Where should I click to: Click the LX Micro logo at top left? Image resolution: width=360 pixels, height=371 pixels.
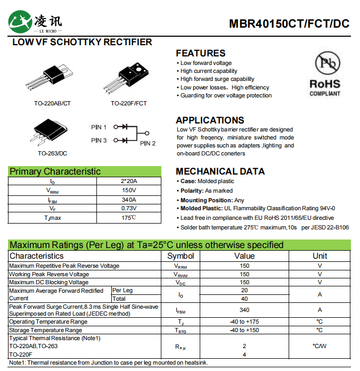[35, 22]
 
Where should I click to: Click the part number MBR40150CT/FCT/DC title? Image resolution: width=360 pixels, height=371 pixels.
[289, 24]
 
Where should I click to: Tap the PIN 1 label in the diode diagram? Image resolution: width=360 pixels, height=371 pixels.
[99, 127]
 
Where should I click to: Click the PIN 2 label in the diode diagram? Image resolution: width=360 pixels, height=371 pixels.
[148, 143]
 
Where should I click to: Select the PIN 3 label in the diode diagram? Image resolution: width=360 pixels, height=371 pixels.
[99, 141]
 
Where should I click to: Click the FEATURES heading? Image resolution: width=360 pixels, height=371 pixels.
[201, 53]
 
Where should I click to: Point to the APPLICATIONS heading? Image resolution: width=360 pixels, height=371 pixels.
[210, 120]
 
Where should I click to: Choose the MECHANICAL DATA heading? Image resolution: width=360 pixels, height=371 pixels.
[220, 171]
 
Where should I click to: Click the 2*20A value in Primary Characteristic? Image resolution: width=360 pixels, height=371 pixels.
[129, 182]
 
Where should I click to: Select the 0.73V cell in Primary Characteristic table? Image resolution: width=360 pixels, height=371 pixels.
[129, 209]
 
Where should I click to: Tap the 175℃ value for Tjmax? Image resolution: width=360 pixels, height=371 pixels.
[129, 218]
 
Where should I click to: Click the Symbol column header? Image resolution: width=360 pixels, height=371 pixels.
[181, 256]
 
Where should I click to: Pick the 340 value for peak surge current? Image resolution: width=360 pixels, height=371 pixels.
[244, 310]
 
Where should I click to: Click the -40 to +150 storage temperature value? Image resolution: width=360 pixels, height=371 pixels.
[244, 330]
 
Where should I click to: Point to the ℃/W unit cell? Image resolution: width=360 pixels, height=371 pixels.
[320, 347]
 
